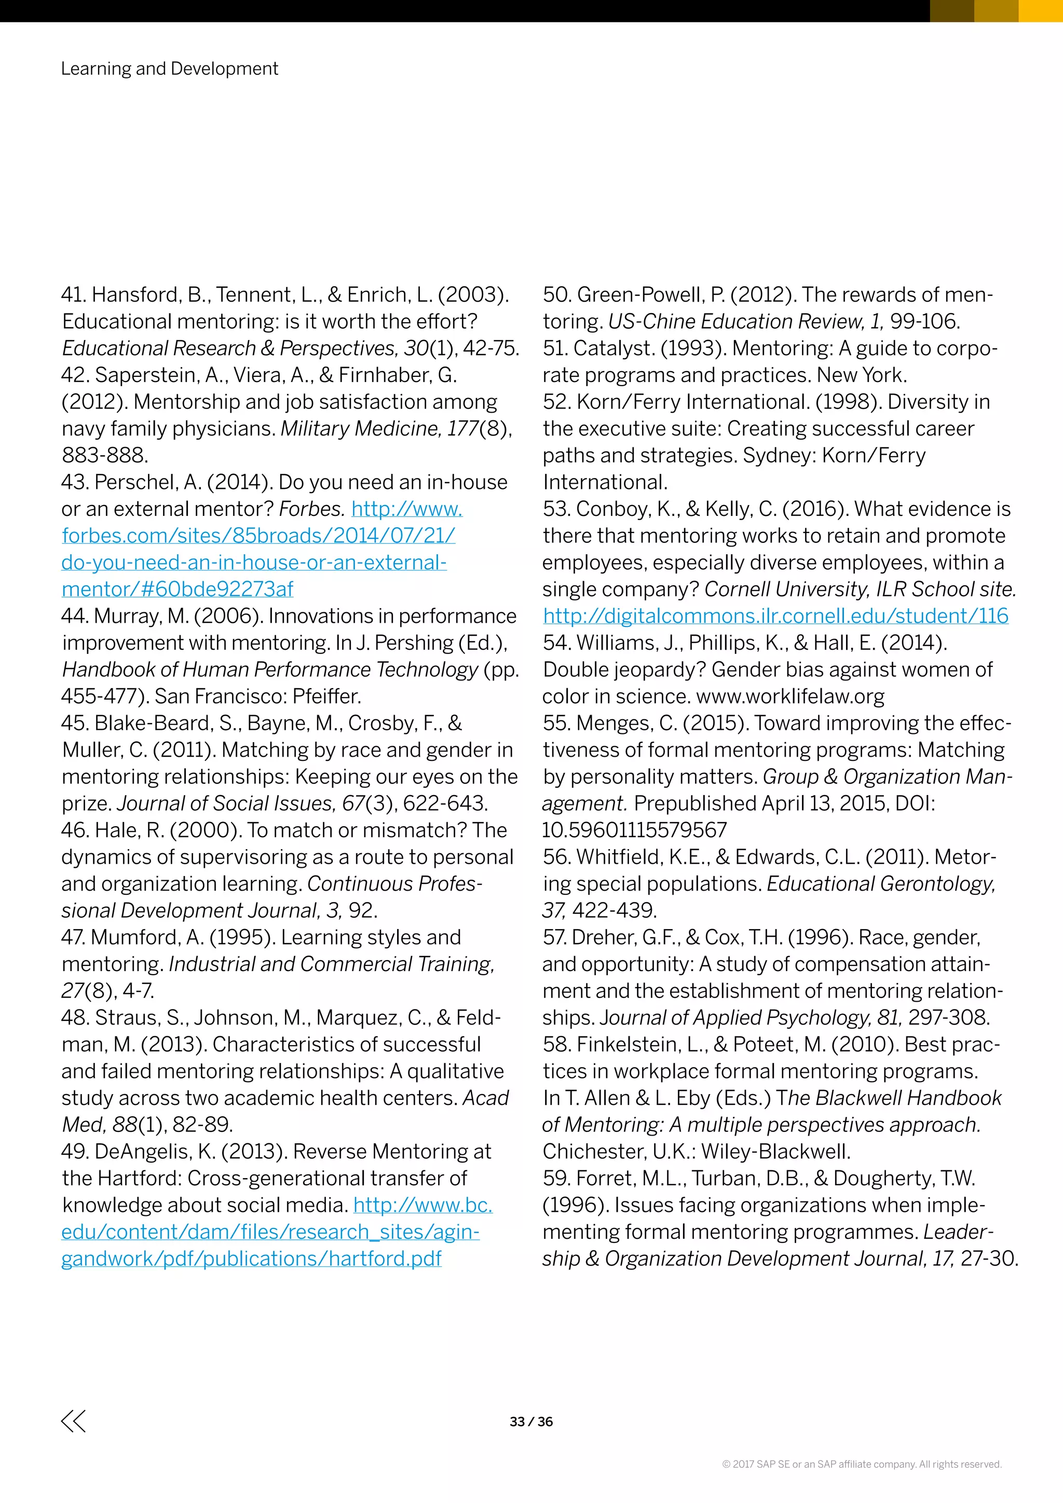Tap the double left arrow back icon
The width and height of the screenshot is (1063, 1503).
tap(73, 1420)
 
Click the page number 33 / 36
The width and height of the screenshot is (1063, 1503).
tap(531, 1421)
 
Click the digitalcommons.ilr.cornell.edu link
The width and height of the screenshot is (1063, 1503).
tap(775, 616)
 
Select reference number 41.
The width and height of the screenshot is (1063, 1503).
tap(74, 295)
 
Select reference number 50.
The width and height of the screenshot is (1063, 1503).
tap(556, 295)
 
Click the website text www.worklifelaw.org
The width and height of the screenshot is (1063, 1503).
tap(790, 696)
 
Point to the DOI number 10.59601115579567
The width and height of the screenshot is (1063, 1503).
tap(634, 830)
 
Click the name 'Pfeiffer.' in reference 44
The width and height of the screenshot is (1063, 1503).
tap(326, 696)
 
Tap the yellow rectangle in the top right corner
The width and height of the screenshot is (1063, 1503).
tap(1040, 10)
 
